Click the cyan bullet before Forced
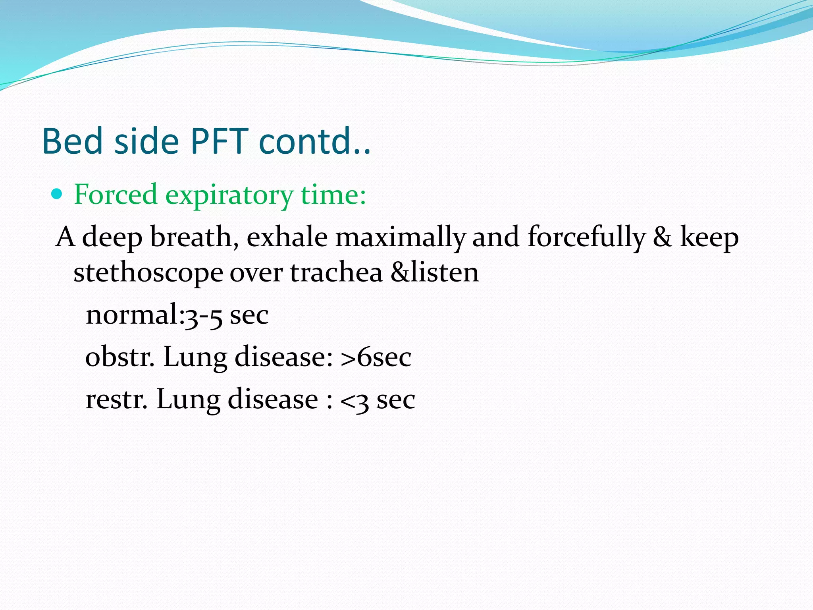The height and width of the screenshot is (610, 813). [x=58, y=194]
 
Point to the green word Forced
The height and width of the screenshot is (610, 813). [x=116, y=195]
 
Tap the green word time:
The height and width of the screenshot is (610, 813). [x=333, y=195]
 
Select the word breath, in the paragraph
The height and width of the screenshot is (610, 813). [x=195, y=237]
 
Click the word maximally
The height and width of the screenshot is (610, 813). [x=400, y=237]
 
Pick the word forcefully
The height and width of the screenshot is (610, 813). [x=587, y=237]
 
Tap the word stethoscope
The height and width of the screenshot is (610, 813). [x=148, y=273]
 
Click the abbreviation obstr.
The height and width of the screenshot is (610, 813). [x=119, y=356]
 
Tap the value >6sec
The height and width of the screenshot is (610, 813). [x=376, y=357]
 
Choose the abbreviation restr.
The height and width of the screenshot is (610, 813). [x=116, y=399]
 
